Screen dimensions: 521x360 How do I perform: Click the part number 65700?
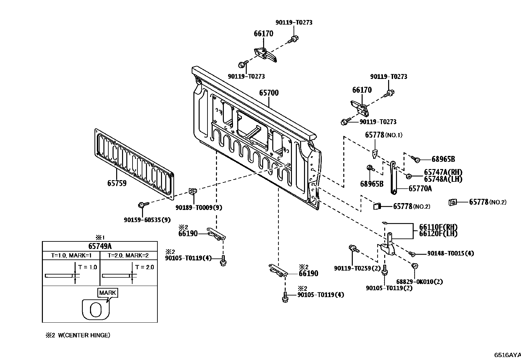point(269,93)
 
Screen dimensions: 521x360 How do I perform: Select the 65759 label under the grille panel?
point(117,183)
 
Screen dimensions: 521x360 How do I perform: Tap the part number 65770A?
point(420,188)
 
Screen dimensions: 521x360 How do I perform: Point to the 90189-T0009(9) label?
point(199,207)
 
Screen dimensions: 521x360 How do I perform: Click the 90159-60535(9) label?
point(147,220)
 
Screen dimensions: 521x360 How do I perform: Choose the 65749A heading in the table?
point(100,246)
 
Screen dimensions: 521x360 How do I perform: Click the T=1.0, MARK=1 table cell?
point(71,256)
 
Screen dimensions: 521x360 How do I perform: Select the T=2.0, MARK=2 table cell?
point(128,256)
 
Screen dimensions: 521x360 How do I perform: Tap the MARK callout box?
point(107,293)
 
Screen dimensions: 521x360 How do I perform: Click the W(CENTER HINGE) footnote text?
point(84,335)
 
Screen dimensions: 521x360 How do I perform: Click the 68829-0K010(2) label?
point(419,282)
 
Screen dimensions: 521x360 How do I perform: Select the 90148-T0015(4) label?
point(451,253)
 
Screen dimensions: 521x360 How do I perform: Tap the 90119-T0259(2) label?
point(357,268)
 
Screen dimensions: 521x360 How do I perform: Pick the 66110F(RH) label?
point(438,227)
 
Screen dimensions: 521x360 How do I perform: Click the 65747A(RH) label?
point(443,172)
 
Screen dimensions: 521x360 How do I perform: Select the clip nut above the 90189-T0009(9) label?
point(193,191)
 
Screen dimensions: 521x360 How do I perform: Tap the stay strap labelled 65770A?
point(393,178)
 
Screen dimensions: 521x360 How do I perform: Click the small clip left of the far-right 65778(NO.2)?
point(453,202)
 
